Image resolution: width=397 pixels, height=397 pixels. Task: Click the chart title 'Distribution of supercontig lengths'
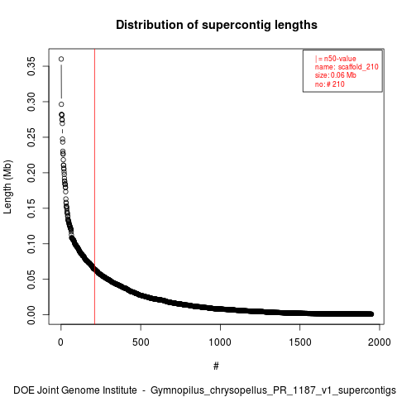point(217,25)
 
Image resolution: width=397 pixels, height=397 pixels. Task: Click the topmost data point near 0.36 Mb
point(61,59)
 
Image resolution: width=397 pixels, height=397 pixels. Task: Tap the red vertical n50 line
point(94,186)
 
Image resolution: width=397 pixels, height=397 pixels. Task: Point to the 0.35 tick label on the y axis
point(31,66)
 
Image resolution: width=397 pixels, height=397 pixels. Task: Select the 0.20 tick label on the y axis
point(31,173)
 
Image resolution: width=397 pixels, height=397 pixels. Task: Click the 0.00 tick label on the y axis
point(31,315)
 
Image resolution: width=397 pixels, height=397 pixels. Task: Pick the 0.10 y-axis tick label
point(31,244)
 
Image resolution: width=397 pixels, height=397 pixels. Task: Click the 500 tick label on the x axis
point(141,342)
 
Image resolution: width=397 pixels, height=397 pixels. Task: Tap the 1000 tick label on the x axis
point(220,342)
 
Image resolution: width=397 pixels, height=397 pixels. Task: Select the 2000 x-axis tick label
point(380,342)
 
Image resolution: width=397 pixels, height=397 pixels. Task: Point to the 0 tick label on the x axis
point(60,342)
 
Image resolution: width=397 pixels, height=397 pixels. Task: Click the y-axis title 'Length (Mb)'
point(7,187)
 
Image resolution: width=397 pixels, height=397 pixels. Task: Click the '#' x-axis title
point(216,366)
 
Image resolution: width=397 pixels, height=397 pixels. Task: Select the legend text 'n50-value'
point(340,59)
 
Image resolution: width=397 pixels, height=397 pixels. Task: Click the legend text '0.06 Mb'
point(343,75)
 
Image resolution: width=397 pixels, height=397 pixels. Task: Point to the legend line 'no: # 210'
point(330,84)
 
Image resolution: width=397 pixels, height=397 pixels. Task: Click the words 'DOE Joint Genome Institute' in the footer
point(75,390)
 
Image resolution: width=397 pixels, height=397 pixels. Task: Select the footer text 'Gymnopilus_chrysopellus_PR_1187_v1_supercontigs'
point(273,390)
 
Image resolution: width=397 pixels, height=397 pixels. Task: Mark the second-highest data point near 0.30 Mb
point(61,104)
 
